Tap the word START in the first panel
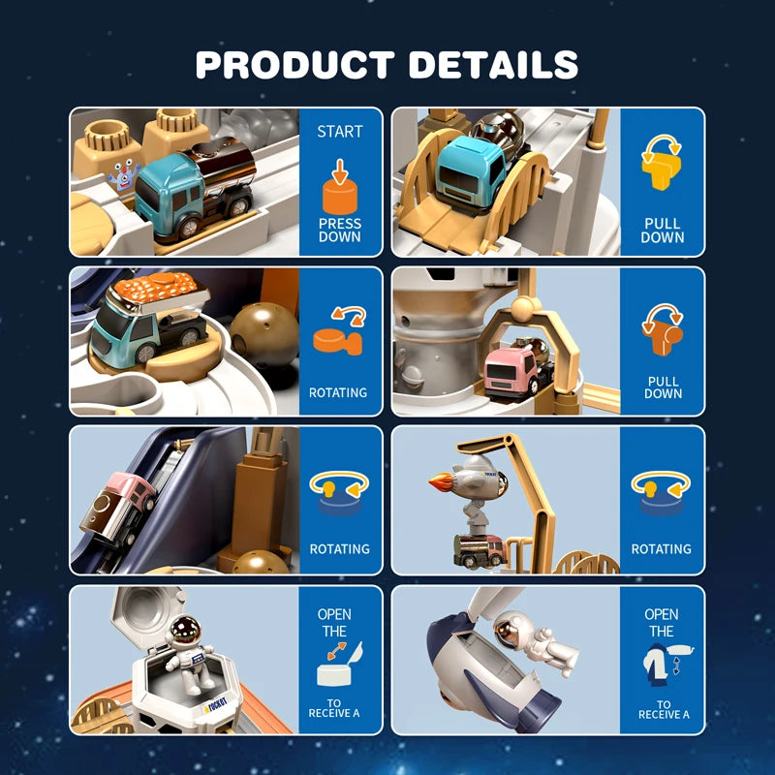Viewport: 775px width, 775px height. (340, 131)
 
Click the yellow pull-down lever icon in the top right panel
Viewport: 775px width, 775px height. (662, 167)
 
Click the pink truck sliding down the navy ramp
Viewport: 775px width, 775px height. (126, 500)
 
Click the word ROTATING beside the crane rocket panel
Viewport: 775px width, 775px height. (662, 548)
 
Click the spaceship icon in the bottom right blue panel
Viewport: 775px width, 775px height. (661, 666)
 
